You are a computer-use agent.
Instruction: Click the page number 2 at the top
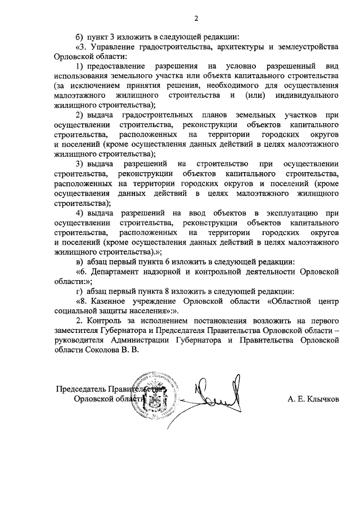pos(196,19)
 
